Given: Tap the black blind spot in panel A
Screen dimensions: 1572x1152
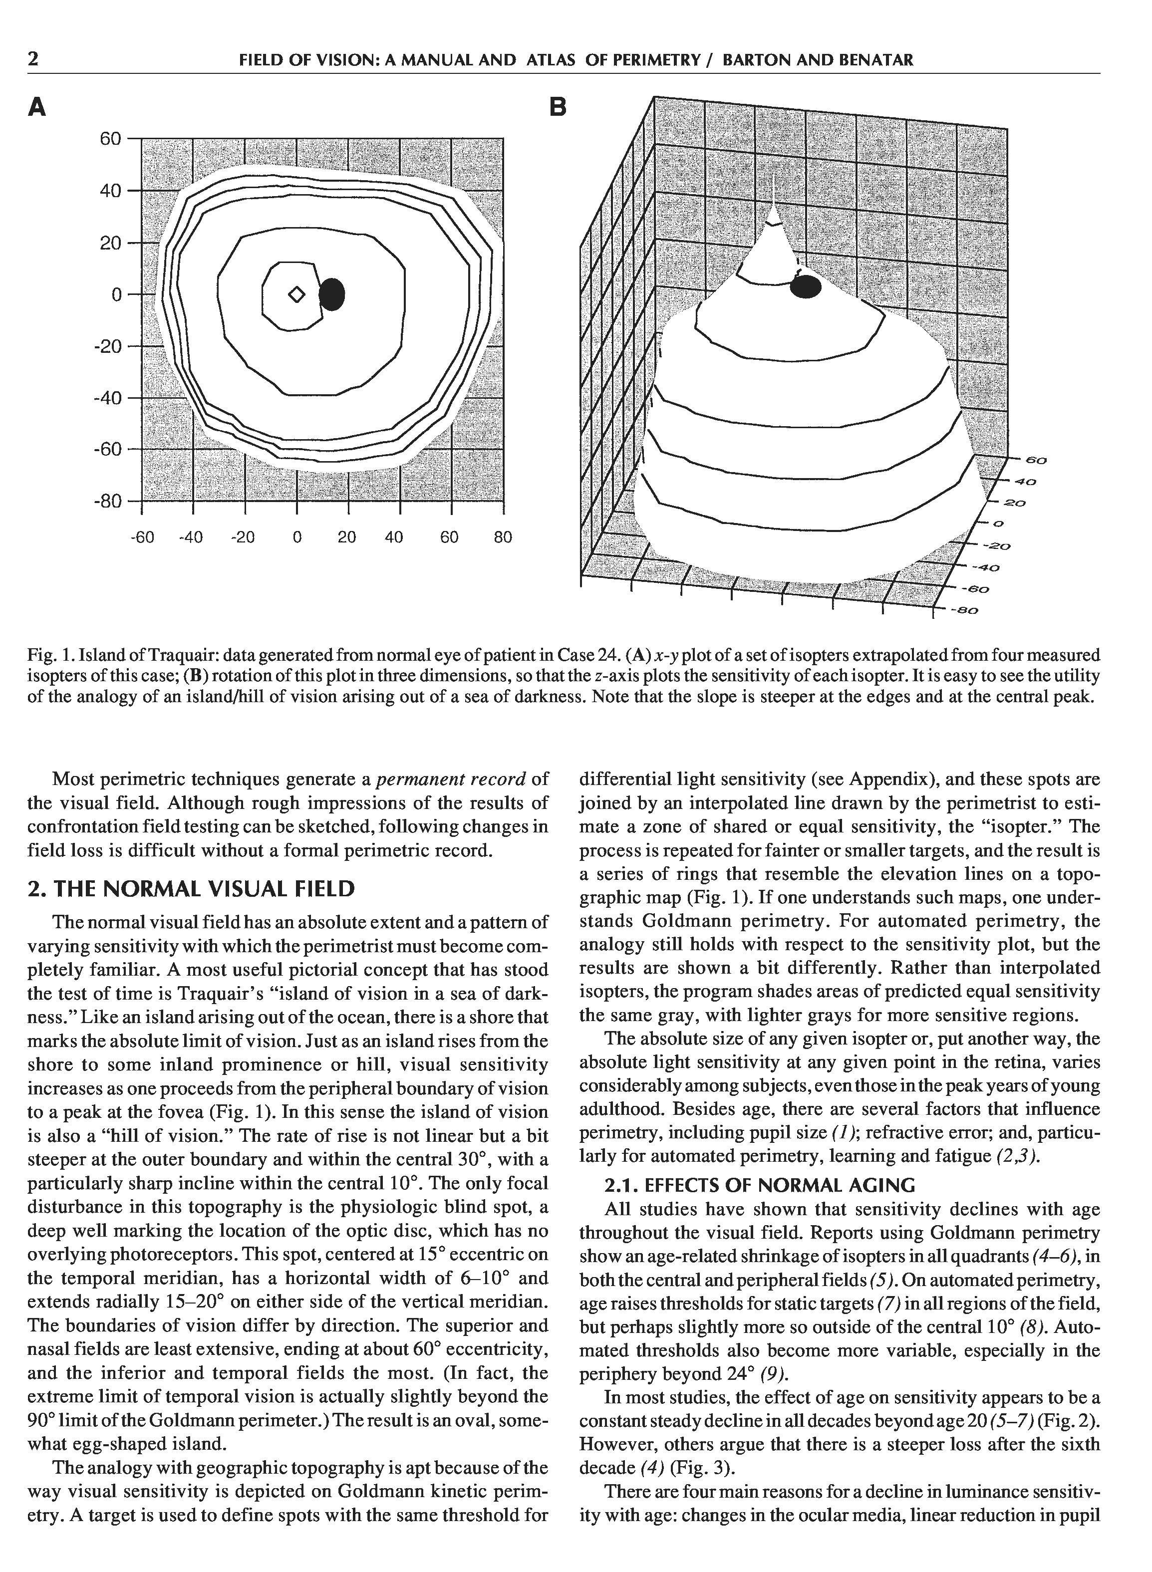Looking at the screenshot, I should pyautogui.click(x=332, y=294).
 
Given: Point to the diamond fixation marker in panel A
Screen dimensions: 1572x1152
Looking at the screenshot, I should pyautogui.click(x=296, y=295).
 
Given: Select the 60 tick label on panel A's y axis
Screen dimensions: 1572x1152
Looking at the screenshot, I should pyautogui.click(x=110, y=139).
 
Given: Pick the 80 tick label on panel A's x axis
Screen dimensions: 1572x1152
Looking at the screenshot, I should pyautogui.click(x=503, y=537).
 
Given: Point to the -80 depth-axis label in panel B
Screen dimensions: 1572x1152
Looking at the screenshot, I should pyautogui.click(x=965, y=611).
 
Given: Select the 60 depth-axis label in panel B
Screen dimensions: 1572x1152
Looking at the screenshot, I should pyautogui.click(x=1036, y=460).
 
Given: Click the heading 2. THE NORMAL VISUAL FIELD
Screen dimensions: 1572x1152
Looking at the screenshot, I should pyautogui.click(x=191, y=889).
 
